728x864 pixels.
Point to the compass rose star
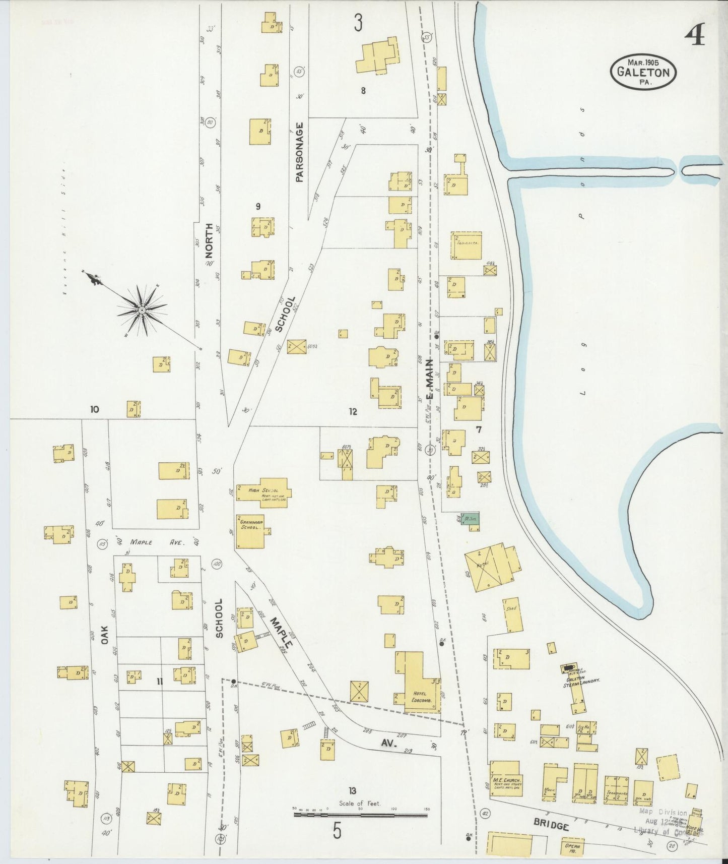(x=142, y=310)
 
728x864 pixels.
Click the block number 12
(x=353, y=412)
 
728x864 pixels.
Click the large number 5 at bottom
(x=337, y=831)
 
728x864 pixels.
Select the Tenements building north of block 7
(x=467, y=245)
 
